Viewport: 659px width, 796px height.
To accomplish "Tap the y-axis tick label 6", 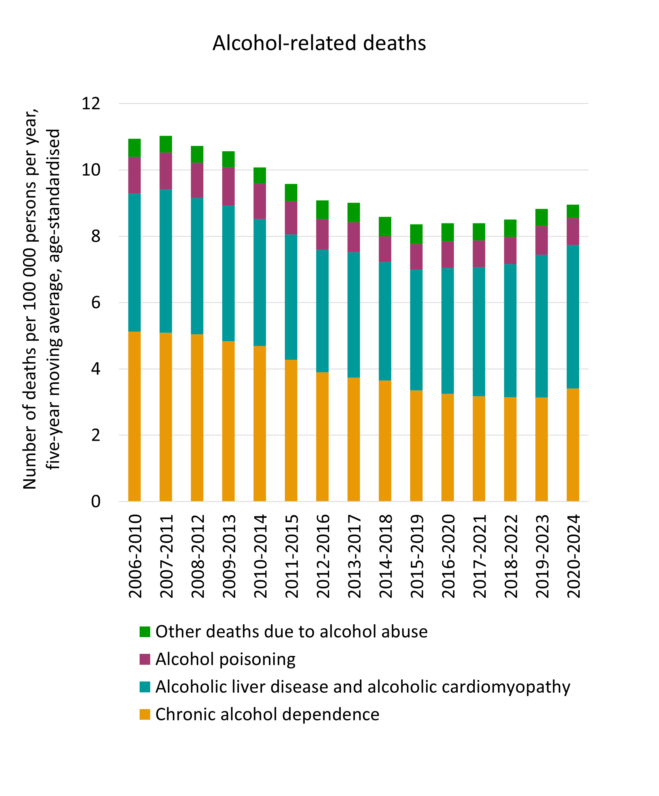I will point(96,302).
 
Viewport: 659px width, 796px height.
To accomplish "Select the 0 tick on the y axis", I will point(96,501).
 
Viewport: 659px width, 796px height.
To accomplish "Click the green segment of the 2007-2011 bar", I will point(166,145).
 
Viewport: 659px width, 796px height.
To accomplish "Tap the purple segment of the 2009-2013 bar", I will point(228,187).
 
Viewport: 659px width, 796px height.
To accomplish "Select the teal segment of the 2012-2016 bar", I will point(322,311).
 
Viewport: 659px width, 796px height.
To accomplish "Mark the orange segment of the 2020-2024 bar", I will point(573,444).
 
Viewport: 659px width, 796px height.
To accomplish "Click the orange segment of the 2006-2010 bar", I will point(135,416).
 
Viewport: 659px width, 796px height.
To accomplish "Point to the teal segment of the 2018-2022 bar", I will point(510,331).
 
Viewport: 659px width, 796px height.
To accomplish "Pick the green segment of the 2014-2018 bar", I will point(385,227).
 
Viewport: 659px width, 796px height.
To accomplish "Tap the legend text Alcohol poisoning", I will point(225,659).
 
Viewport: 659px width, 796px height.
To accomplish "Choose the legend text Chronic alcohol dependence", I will point(267,714).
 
